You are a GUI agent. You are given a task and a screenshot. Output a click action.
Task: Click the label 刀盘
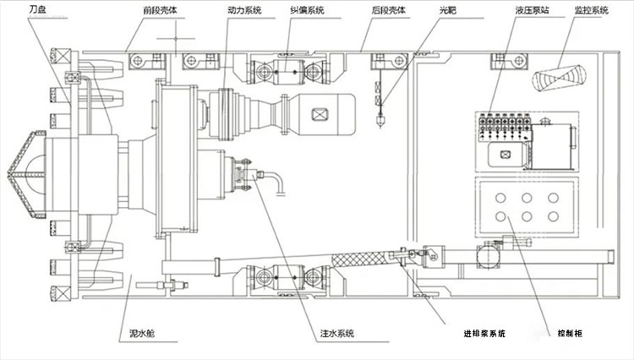(37, 9)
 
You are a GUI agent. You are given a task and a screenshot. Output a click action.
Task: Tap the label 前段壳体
(160, 10)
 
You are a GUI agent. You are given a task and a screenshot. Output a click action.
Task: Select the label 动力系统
(244, 10)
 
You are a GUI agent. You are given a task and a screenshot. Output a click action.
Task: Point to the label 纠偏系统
(308, 10)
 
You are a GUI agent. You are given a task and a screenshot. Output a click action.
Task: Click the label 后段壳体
(389, 10)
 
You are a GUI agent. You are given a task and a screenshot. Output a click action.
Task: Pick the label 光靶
(448, 10)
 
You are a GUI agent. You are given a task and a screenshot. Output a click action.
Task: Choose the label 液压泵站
(532, 10)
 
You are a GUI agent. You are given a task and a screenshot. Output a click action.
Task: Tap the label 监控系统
(592, 10)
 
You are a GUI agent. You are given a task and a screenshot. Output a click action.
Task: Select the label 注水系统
(337, 333)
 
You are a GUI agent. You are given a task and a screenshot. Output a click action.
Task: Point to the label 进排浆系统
(484, 333)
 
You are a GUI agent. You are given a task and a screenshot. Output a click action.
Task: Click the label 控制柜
(570, 333)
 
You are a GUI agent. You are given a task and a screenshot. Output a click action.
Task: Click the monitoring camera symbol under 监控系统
(559, 77)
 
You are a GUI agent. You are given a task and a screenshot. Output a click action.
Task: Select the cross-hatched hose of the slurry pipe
(360, 259)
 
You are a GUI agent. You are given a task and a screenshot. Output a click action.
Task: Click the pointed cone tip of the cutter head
(8, 175)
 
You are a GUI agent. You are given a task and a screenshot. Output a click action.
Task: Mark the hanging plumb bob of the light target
(380, 120)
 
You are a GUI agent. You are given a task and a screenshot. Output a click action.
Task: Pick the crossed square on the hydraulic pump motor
(505, 155)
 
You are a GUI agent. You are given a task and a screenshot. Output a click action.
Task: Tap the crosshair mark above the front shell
(176, 39)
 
